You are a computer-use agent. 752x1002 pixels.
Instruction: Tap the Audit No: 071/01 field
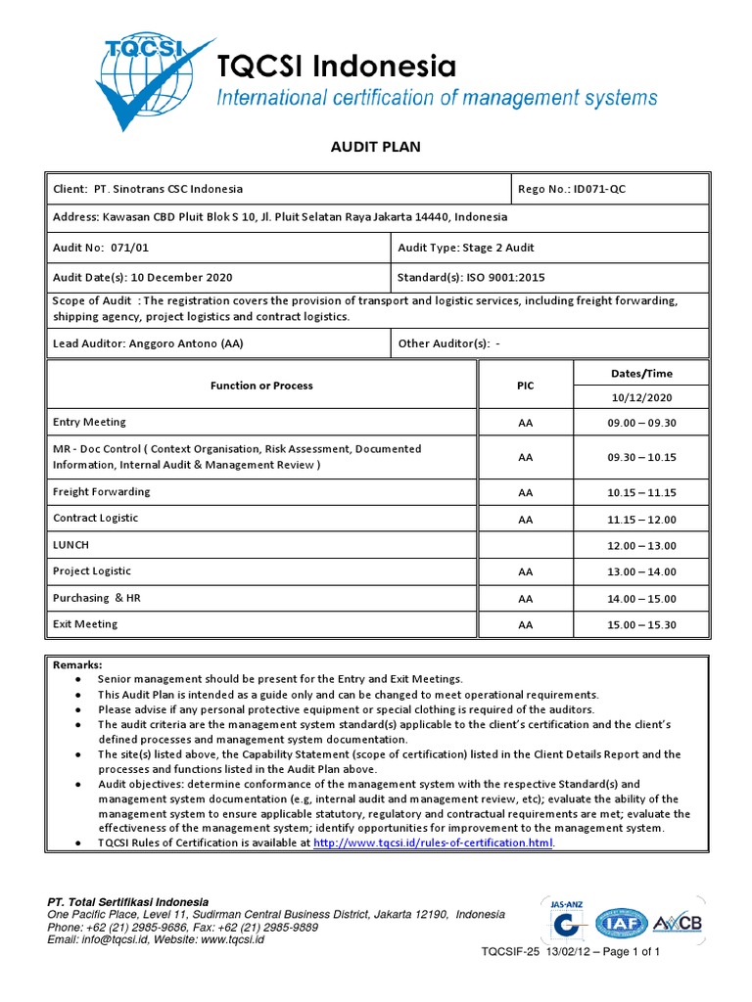pyautogui.click(x=92, y=249)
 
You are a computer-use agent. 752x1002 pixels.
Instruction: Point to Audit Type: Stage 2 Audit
pyautogui.click(x=465, y=249)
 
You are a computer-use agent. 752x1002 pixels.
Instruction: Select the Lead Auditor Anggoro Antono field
pyautogui.click(x=148, y=343)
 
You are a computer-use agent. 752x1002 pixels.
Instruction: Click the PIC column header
pyautogui.click(x=526, y=386)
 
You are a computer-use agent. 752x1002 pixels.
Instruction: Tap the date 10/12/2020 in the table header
pyautogui.click(x=641, y=398)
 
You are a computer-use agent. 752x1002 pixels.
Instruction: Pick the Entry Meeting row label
pyautogui.click(x=89, y=423)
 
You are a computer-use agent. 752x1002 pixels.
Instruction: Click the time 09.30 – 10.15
pyautogui.click(x=641, y=457)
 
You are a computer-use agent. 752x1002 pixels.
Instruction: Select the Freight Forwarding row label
pyautogui.click(x=102, y=492)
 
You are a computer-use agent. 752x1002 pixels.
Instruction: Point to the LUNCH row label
pyautogui.click(x=70, y=545)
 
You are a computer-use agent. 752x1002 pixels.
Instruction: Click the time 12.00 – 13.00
pyautogui.click(x=641, y=546)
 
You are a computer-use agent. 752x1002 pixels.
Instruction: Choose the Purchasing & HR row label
pyautogui.click(x=97, y=598)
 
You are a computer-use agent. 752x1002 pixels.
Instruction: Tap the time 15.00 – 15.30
pyautogui.click(x=641, y=625)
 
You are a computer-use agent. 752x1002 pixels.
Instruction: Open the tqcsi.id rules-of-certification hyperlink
pyautogui.click(x=433, y=843)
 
